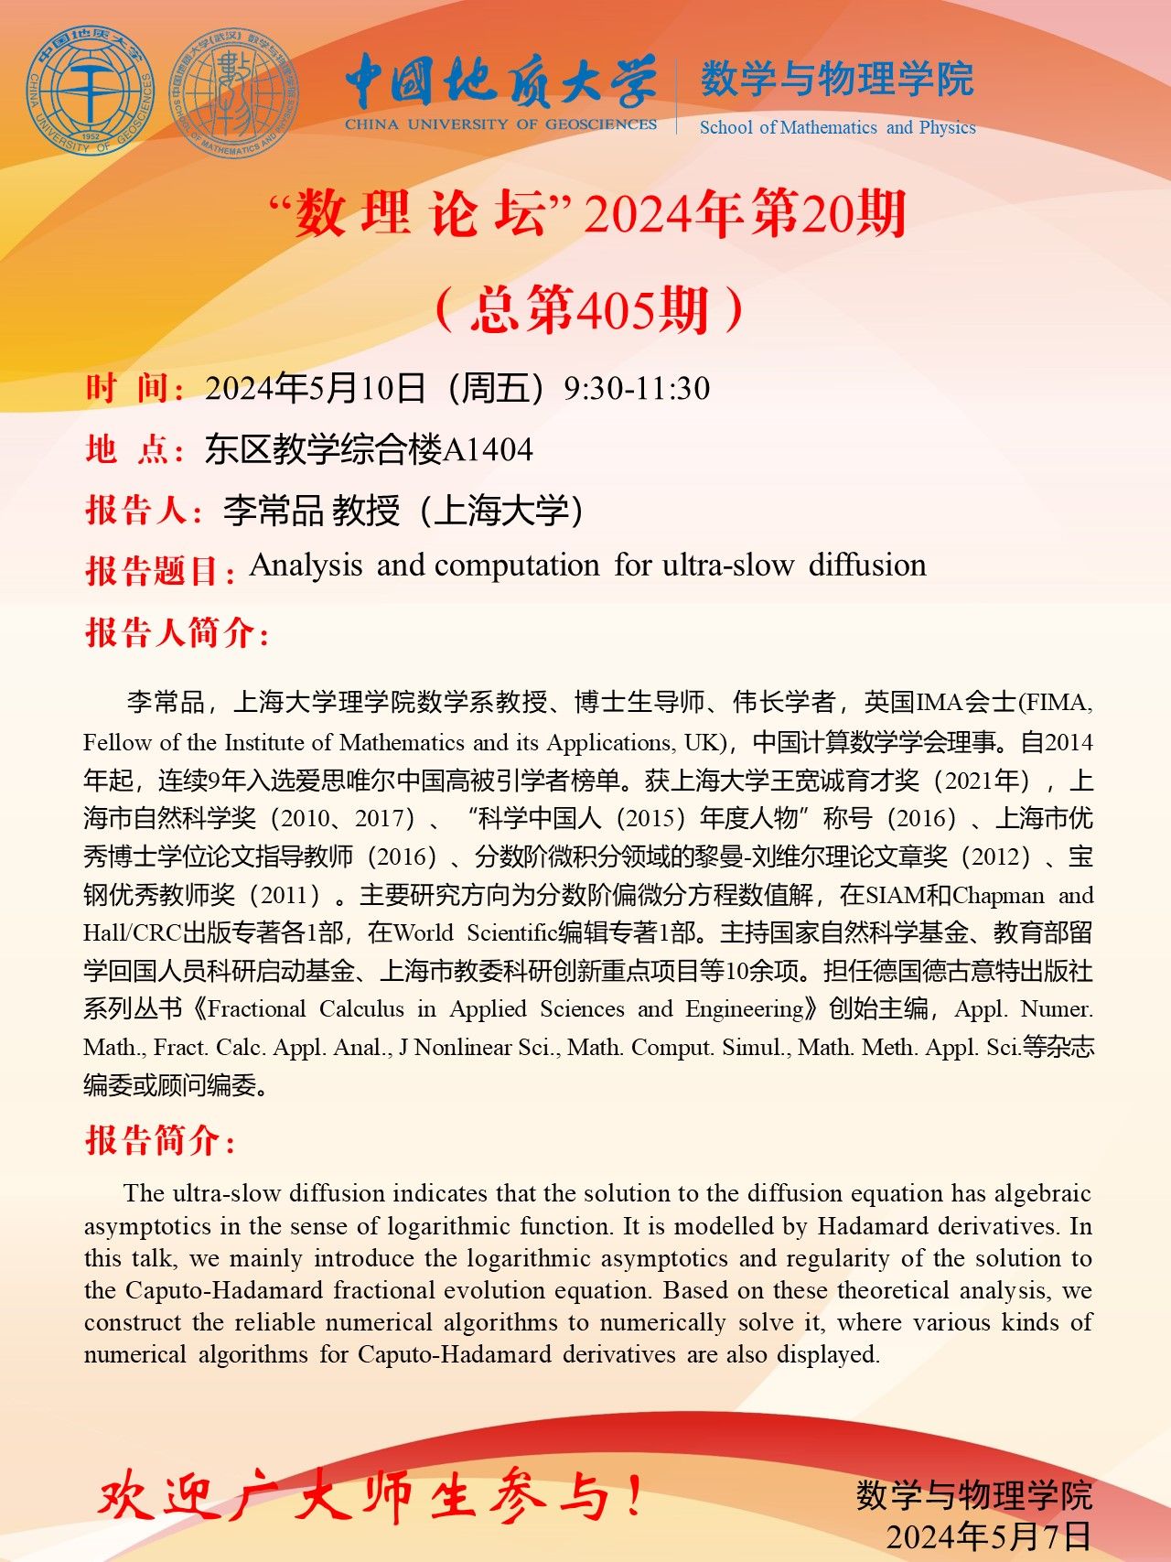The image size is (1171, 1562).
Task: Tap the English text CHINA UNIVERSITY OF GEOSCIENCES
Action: tap(500, 124)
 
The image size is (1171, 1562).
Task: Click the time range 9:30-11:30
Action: tap(637, 388)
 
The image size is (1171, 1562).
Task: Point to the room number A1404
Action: tap(488, 449)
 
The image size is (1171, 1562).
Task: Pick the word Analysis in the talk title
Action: tap(306, 566)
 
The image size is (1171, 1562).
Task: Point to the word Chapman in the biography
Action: tap(998, 895)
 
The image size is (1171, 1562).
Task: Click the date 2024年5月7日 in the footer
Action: tap(989, 1536)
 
